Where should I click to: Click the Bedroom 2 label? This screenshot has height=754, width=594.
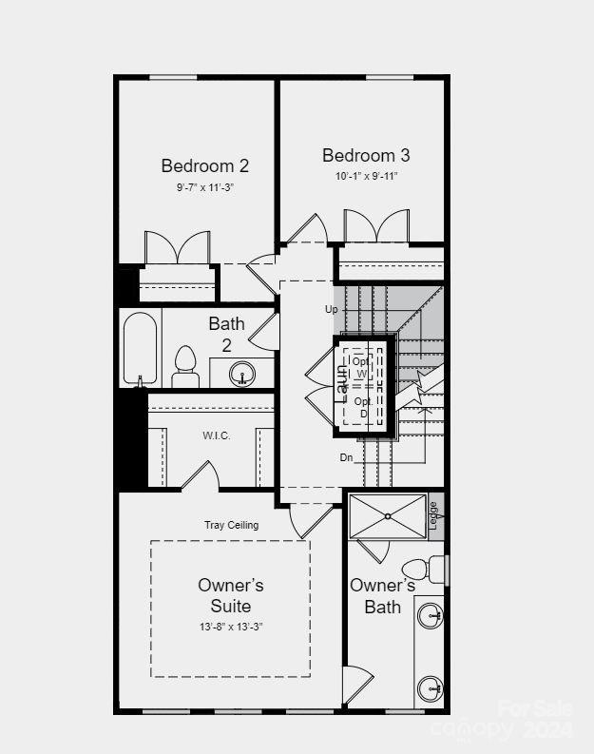pyautogui.click(x=204, y=165)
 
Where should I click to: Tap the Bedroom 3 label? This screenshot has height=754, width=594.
pyautogui.click(x=366, y=155)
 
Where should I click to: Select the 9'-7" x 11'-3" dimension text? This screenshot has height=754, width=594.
pyautogui.click(x=204, y=188)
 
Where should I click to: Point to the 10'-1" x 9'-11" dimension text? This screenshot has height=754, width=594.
pyautogui.click(x=366, y=176)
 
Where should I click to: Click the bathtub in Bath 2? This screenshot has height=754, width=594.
pyautogui.click(x=140, y=348)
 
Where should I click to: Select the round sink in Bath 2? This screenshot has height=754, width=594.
pyautogui.click(x=243, y=374)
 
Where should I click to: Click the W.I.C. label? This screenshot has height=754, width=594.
pyautogui.click(x=216, y=435)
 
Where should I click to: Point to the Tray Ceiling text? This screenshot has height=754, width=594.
pyautogui.click(x=231, y=525)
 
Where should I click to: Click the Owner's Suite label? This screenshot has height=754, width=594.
pyautogui.click(x=231, y=595)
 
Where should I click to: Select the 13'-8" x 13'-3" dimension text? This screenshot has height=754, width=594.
pyautogui.click(x=231, y=627)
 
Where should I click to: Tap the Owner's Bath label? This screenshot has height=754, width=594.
pyautogui.click(x=382, y=596)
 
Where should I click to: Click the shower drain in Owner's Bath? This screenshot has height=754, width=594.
pyautogui.click(x=388, y=516)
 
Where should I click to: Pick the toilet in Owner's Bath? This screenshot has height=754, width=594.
pyautogui.click(x=436, y=569)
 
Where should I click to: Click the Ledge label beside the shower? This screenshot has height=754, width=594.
pyautogui.click(x=434, y=514)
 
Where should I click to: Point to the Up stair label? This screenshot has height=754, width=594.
pyautogui.click(x=331, y=309)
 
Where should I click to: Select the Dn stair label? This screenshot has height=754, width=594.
pyautogui.click(x=347, y=457)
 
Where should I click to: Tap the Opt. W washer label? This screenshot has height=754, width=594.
pyautogui.click(x=361, y=367)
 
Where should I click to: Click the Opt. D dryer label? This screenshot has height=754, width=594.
pyautogui.click(x=362, y=407)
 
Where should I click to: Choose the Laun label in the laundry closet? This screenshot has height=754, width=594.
pyautogui.click(x=342, y=382)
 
